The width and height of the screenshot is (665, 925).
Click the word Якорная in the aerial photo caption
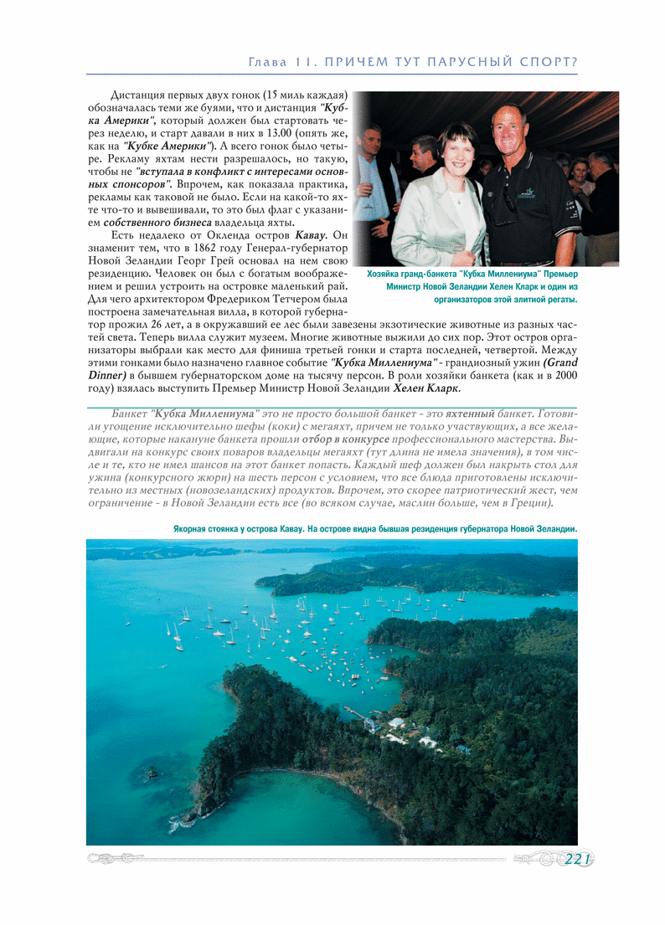[193, 529]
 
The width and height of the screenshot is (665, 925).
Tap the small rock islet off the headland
[152, 773]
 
